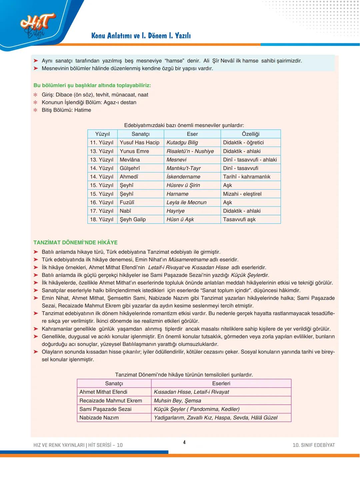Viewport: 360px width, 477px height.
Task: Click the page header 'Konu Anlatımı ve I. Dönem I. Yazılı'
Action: pos(141,36)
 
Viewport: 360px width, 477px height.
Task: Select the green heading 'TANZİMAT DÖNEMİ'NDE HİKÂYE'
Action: pos(75,242)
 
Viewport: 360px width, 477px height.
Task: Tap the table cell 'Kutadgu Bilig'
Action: pos(182,143)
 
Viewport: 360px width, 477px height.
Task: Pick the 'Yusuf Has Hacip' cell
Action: pos(139,143)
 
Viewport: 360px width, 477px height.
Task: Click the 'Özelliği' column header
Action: pos(250,134)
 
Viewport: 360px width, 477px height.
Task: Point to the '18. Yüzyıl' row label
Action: pos(102,220)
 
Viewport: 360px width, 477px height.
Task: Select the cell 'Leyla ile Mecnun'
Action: pos(186,203)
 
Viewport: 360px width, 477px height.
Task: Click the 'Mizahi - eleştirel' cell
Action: pos(242,194)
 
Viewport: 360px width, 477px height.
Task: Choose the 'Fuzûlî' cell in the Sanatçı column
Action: pos(127,203)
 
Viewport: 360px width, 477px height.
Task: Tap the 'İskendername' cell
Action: pos(183,177)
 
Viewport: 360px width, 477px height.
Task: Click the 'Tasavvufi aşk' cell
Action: pos(239,220)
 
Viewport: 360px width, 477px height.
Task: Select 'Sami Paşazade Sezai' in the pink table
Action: pos(105,409)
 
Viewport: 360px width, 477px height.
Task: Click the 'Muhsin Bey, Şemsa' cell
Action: pos(177,401)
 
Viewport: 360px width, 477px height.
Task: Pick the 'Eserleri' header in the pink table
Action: pos(221,383)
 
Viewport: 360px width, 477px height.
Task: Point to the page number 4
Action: pos(184,442)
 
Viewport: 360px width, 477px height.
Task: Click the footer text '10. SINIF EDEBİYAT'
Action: pos(313,445)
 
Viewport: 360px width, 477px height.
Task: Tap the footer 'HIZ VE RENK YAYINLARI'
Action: pos(59,445)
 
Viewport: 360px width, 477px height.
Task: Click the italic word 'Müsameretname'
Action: pos(188,259)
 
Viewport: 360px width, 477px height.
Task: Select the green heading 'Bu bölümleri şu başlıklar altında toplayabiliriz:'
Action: pos(92,85)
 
